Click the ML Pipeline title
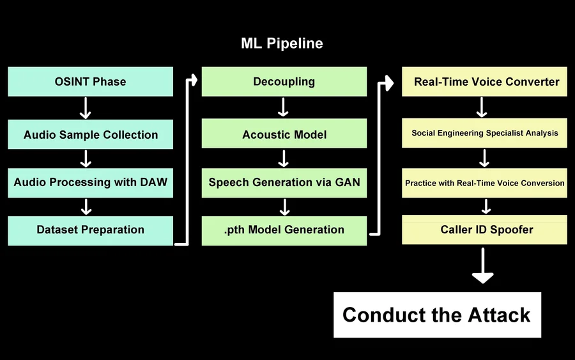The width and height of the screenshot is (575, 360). point(282,43)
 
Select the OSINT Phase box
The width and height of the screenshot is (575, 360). point(90,82)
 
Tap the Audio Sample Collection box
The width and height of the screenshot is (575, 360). point(90,135)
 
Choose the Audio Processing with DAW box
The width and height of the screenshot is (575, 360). point(90,182)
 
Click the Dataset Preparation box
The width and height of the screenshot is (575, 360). point(90,230)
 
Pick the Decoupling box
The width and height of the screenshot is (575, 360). point(284,82)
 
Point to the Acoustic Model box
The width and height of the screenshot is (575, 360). point(284,135)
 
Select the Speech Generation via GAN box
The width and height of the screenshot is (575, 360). point(284,182)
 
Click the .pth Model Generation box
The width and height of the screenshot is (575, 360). point(284,230)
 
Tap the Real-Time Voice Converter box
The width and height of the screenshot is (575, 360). point(484,82)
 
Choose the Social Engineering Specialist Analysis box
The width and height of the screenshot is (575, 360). point(484,134)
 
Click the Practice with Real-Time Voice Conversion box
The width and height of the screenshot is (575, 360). point(484,183)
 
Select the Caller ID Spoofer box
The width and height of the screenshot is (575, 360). point(484,230)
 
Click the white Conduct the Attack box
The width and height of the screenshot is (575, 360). point(437,315)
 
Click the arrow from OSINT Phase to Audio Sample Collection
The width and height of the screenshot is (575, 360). point(85,108)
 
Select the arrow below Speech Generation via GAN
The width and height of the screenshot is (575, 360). point(285,206)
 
